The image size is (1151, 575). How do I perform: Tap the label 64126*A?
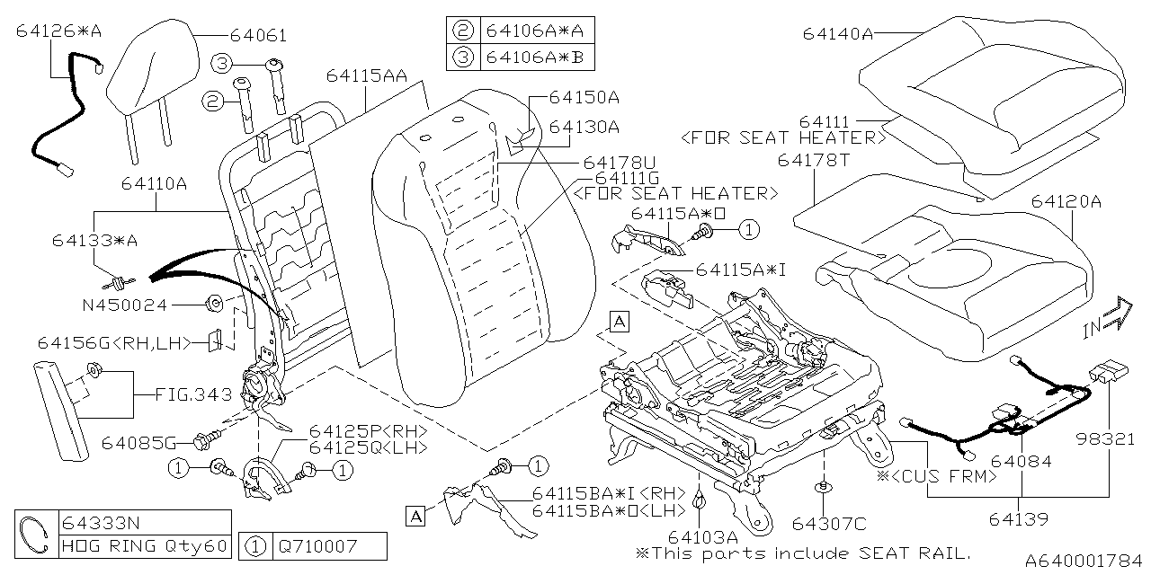58,31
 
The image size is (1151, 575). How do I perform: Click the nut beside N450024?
215,304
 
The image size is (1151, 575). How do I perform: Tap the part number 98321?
1107,439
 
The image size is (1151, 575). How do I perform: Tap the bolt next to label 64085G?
203,440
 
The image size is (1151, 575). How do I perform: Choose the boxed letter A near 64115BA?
415,516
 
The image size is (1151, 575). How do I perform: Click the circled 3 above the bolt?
222,62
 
